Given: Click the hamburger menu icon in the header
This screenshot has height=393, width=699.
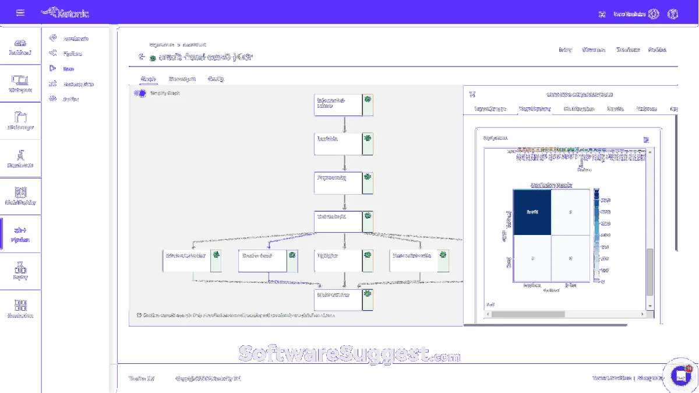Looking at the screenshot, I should click(20, 13).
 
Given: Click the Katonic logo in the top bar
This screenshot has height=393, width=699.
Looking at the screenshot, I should click(65, 13).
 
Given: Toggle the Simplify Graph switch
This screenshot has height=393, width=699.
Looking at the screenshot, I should click(140, 93).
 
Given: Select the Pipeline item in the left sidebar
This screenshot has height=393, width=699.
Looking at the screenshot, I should click(20, 234).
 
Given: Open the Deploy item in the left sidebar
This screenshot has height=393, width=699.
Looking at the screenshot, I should click(20, 271).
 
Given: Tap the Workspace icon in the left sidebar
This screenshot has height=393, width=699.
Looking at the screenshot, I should click(20, 83).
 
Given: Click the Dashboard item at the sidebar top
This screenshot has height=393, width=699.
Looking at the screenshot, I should click(20, 47).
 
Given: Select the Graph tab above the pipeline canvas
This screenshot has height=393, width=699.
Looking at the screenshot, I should click(147, 79).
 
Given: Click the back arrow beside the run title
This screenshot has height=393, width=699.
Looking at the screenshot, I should click(142, 57).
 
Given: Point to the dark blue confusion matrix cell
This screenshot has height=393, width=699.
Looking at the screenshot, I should click(531, 212).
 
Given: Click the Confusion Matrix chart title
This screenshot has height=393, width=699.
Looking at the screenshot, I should click(550, 185).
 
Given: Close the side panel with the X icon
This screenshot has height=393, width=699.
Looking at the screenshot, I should click(472, 94).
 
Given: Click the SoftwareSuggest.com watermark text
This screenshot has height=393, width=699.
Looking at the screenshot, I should click(349, 354).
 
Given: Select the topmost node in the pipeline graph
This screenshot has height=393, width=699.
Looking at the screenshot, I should click(338, 103).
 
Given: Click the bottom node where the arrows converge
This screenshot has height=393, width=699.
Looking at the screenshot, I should click(338, 296).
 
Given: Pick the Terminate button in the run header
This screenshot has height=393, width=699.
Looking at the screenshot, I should click(628, 50).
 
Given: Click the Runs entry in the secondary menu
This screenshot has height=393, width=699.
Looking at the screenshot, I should click(69, 69).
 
